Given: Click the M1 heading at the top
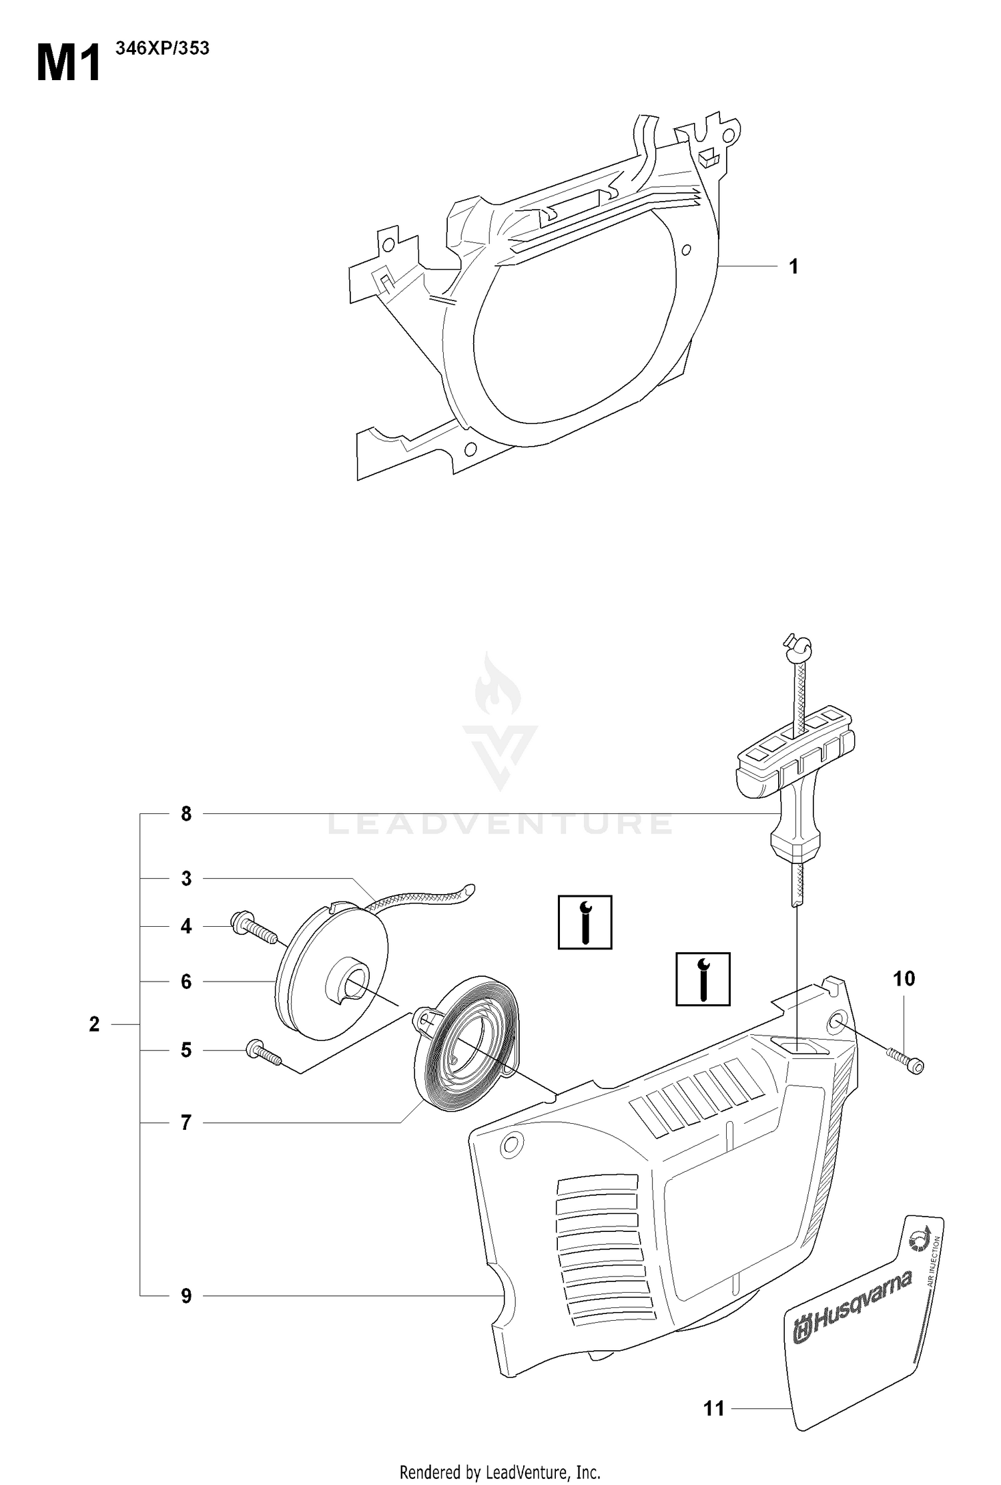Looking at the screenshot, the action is pos(69,63).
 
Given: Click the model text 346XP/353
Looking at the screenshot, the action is pos(162,48).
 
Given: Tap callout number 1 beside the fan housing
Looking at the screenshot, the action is pos(793,266).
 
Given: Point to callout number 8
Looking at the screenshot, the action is pos(186,814).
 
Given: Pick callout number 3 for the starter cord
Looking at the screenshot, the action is pos(186,878).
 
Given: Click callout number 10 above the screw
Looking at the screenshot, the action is pos(904,979).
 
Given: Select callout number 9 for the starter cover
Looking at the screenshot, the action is pos(186,1296).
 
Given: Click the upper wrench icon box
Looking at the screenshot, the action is pos(585,922).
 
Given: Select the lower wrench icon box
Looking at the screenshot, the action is pos(703,979).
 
